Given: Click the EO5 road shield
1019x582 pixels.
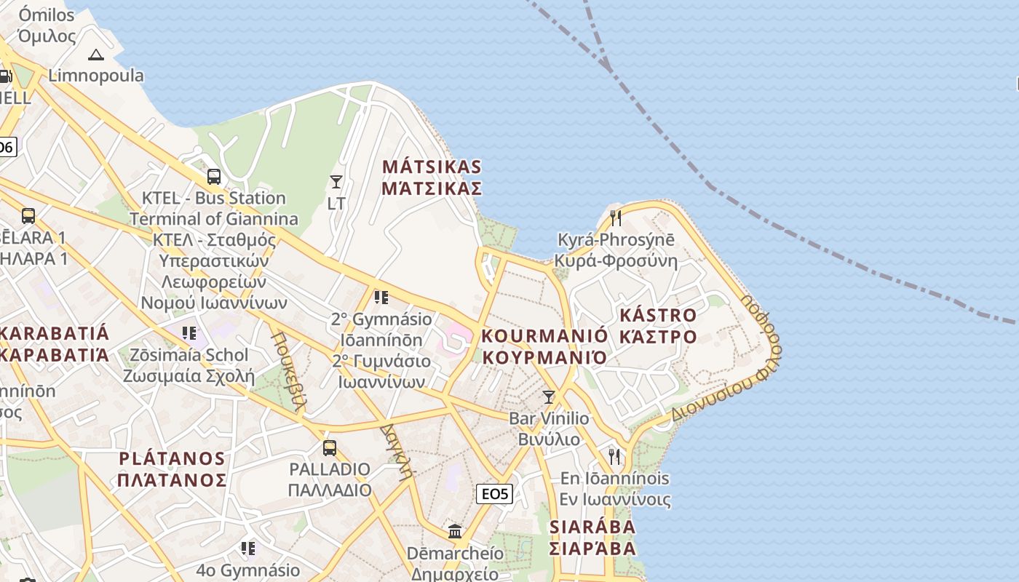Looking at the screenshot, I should [x=495, y=494].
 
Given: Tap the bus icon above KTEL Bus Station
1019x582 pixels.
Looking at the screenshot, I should [x=213, y=177].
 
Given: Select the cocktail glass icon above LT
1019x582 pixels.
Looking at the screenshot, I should [x=336, y=182].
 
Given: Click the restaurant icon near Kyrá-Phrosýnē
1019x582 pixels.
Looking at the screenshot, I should [x=616, y=218].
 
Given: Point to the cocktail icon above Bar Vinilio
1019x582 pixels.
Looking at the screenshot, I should [x=549, y=397].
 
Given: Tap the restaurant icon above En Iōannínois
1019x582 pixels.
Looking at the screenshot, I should [x=615, y=457].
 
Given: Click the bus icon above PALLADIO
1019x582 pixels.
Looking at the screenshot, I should [x=330, y=447].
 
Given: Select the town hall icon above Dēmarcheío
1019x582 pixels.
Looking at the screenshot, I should [x=455, y=532].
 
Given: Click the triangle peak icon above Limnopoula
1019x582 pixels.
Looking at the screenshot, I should [x=96, y=55].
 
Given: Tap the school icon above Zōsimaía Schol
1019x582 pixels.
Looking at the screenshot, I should [x=189, y=333].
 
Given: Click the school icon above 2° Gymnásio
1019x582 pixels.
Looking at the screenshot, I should [x=381, y=298].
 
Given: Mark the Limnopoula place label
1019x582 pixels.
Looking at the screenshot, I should [x=96, y=76].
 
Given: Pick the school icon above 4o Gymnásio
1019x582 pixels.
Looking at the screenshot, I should [x=248, y=548].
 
